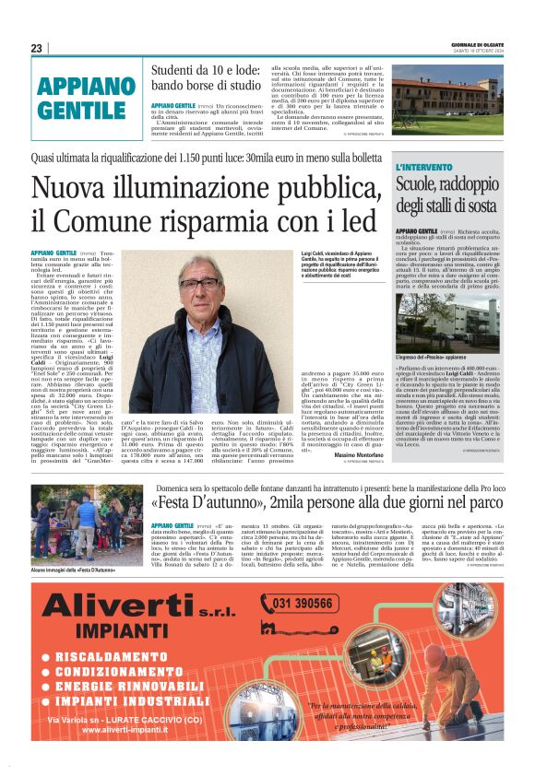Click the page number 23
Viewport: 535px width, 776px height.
[x=36, y=48]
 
